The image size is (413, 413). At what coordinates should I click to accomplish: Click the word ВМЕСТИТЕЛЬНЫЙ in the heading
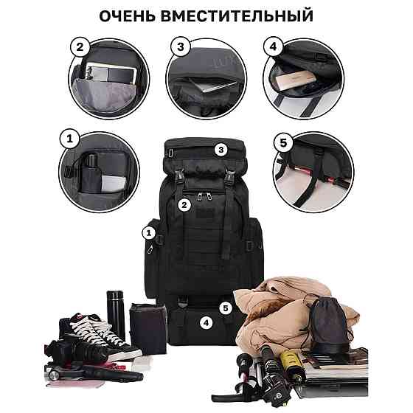coord(236,15)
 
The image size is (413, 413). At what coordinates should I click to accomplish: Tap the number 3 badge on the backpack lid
coord(221,150)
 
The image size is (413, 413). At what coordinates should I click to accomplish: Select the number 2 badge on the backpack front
coord(184,205)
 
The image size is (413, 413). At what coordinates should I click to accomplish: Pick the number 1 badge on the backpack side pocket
coord(149,233)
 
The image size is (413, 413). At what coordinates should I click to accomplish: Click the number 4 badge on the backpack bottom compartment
coord(206,322)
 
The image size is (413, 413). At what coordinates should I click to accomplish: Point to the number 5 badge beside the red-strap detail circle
coord(283,143)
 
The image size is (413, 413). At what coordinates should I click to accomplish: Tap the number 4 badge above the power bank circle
coord(273,46)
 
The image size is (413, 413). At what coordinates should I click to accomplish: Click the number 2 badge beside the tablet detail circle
coord(80,47)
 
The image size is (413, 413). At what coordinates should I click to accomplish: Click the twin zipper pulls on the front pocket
coord(205,196)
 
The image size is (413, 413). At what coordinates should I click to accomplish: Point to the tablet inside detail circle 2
coord(111,72)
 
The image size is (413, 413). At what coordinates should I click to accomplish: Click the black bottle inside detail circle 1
coord(91,173)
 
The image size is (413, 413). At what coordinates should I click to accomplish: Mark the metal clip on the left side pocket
coord(150,249)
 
